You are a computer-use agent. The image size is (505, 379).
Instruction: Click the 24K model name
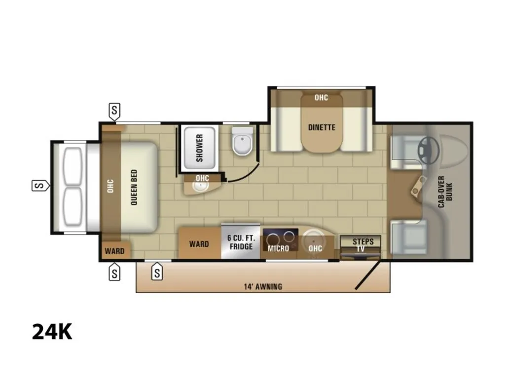[x=52, y=332]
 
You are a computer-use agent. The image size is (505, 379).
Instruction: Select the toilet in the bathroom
[x=243, y=141]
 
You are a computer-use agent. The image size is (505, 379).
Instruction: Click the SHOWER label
[x=200, y=148]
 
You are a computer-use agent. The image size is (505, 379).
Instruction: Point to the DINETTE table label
[x=322, y=128]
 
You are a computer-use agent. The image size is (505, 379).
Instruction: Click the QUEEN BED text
[x=134, y=187]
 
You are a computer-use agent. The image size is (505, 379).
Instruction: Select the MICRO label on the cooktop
[x=278, y=249]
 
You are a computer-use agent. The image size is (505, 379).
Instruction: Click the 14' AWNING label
[x=263, y=287]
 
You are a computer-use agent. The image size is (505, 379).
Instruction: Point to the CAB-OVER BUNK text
[x=445, y=192]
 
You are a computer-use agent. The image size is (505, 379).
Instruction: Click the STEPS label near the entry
[x=363, y=242]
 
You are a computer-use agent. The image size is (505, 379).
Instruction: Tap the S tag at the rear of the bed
[x=40, y=186]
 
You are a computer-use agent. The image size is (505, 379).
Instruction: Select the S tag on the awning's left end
[x=157, y=271]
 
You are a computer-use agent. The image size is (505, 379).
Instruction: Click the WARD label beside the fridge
[x=199, y=244]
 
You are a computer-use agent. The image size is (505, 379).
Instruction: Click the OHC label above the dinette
[x=321, y=97]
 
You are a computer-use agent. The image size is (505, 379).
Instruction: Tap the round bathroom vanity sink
[x=201, y=187]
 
